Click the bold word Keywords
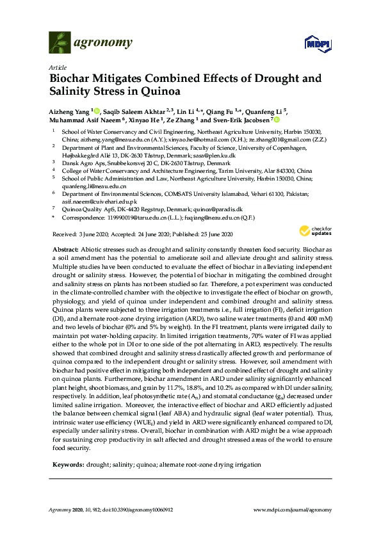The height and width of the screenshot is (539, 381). [x=68, y=446]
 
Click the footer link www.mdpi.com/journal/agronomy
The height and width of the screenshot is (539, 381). [x=293, y=510]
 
